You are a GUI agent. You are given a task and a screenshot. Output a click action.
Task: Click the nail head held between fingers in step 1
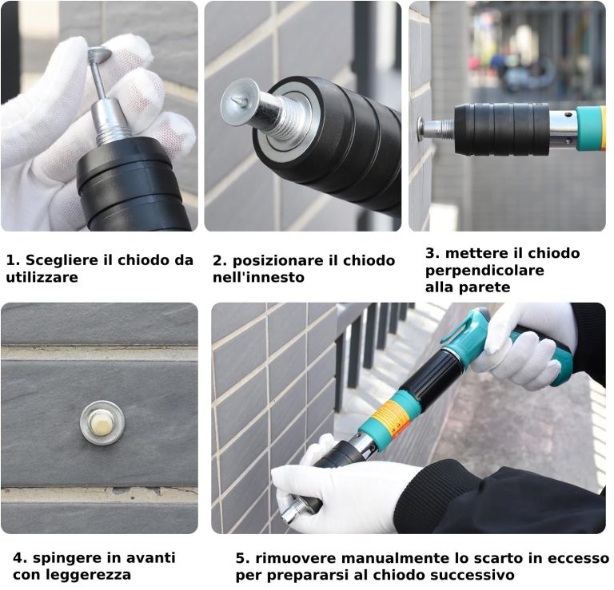coord(99,54)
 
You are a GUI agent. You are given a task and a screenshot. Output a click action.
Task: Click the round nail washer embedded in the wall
coord(102,423)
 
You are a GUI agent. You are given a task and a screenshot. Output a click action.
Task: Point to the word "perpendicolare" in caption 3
coord(484,271)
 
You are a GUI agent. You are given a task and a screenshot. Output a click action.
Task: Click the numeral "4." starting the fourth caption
coord(20,557)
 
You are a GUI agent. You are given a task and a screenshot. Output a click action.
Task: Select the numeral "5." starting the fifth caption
coord(243,558)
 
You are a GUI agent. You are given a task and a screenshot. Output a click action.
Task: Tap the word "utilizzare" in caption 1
coord(42,278)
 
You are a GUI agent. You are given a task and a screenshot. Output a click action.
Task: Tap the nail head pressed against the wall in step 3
coord(421,129)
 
